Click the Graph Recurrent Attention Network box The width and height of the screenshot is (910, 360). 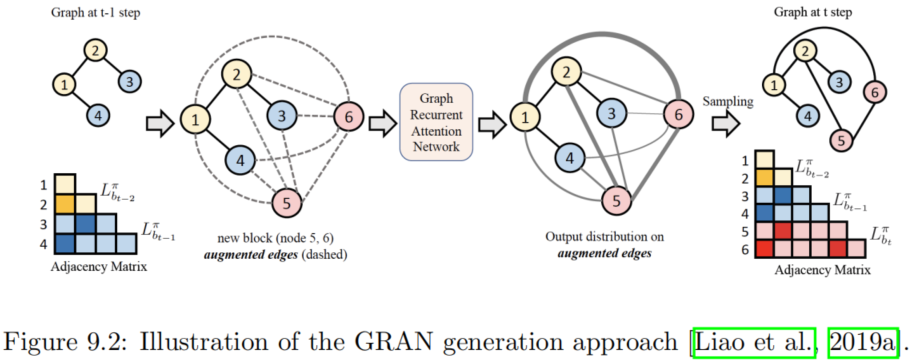point(435,123)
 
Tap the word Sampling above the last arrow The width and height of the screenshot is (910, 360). point(727,101)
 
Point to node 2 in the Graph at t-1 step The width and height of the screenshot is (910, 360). point(93,50)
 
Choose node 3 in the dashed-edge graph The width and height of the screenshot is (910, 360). point(283,118)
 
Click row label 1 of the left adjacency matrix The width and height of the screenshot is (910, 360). point(44,184)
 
